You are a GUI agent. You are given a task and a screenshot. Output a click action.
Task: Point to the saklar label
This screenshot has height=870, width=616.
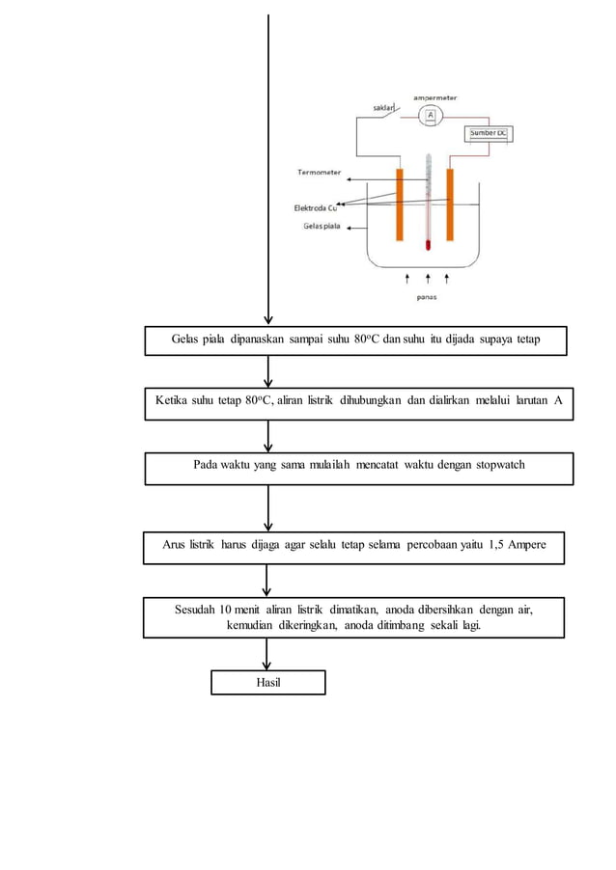tap(383, 108)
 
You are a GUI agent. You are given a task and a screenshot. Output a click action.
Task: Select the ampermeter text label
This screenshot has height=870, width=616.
tap(435, 96)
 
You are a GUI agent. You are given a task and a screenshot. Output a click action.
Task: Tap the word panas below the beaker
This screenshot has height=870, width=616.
tap(427, 297)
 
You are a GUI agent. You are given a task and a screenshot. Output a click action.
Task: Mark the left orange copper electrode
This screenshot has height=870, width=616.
tap(398, 204)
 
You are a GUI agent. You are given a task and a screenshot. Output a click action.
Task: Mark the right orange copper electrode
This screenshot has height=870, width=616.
tap(450, 204)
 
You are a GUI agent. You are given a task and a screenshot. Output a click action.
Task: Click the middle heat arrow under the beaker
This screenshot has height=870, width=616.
tap(427, 279)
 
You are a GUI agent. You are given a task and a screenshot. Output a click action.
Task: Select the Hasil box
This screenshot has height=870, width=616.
tap(268, 682)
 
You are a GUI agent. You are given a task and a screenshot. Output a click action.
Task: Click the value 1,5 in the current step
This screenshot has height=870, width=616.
tap(490, 545)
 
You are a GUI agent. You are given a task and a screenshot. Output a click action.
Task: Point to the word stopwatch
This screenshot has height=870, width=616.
tap(496, 465)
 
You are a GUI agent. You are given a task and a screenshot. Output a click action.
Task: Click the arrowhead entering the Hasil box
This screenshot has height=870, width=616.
tap(267, 665)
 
